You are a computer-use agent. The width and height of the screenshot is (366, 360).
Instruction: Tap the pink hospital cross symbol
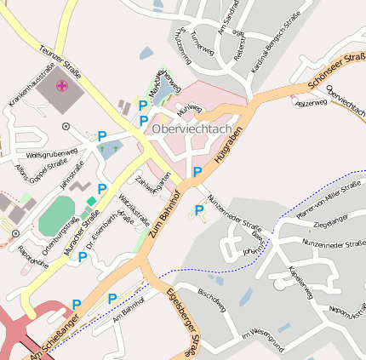click(62, 85)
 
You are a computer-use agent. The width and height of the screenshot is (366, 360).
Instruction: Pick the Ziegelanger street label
click(331, 225)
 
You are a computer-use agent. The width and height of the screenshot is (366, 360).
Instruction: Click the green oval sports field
click(56, 213)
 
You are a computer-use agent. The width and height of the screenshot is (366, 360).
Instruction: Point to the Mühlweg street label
click(189, 109)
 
